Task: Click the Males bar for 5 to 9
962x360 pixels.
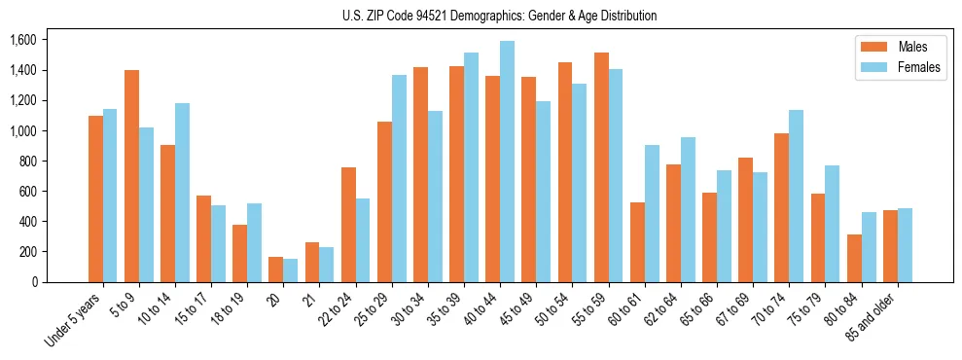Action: tap(131, 176)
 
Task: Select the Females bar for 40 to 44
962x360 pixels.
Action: tap(507, 162)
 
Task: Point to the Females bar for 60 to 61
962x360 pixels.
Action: tap(652, 213)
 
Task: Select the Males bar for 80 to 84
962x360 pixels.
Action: tap(854, 258)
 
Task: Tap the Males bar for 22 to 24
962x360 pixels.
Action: tap(348, 225)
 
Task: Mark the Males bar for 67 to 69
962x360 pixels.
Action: tap(745, 220)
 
